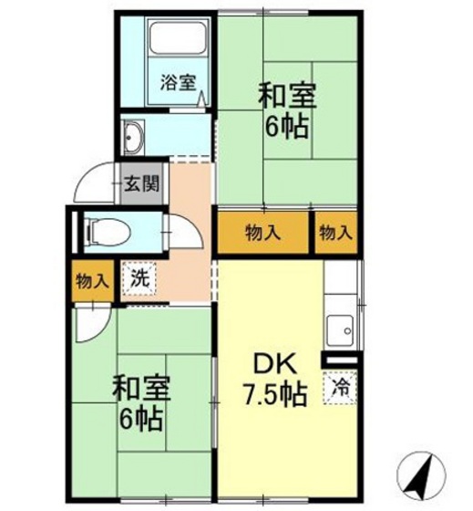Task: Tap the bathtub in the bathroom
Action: tap(179, 41)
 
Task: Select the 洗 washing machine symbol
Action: tap(139, 277)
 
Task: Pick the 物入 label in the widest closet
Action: tap(262, 233)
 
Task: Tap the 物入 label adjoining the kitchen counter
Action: tap(335, 233)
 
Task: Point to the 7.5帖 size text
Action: tap(274, 395)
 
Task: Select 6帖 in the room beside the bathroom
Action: tap(284, 127)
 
